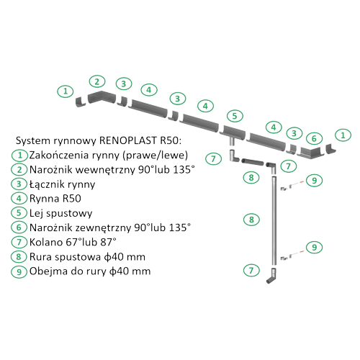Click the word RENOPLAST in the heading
tap(127, 140)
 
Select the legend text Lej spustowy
tap(60, 213)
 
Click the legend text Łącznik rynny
tap(62, 184)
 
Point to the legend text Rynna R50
tap(55, 199)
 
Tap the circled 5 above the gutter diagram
tap(235, 116)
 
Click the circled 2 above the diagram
tap(97, 81)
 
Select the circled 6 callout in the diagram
tap(314, 138)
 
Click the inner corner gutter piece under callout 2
tap(102, 96)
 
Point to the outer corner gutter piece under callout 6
tap(312, 153)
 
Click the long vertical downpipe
tap(274, 220)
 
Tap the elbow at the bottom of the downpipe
tap(272, 276)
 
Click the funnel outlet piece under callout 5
tap(233, 134)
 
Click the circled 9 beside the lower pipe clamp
tap(314, 247)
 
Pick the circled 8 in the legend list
tap(19, 257)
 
